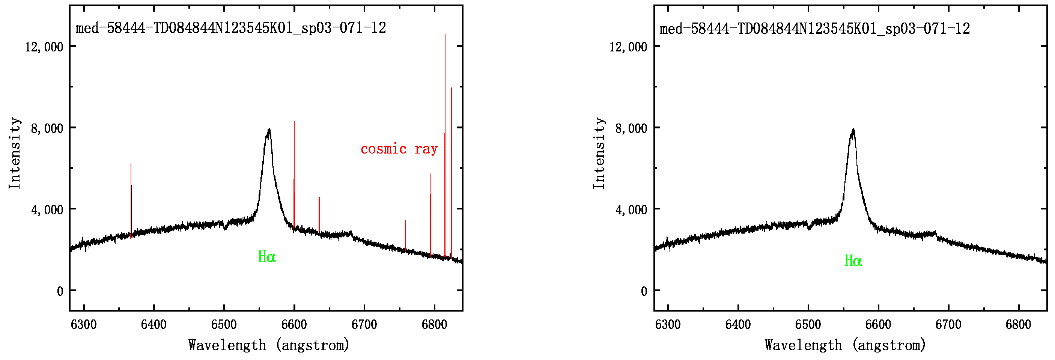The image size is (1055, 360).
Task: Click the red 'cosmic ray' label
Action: point(399,149)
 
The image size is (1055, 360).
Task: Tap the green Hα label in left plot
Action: point(266,257)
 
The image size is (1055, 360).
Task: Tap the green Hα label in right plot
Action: point(853,261)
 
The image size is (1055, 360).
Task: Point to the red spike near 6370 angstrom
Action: point(131,197)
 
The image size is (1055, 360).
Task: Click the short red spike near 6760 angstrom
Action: point(405,235)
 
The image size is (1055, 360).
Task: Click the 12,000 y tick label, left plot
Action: point(44,47)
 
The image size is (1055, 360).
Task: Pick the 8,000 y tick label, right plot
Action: point(631,128)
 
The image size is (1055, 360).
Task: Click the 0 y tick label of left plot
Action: point(60,291)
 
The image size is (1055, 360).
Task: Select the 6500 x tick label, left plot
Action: point(224,324)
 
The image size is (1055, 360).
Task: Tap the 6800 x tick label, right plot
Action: point(1018,324)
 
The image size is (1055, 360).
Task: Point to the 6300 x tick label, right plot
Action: point(668,324)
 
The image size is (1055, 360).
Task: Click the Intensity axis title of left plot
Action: point(15,153)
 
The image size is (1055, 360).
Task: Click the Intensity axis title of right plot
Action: point(599,153)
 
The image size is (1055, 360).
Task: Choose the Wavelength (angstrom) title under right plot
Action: point(845,345)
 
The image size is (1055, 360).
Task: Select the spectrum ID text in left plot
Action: point(230,28)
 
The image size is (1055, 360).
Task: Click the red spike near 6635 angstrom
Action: point(319,215)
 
